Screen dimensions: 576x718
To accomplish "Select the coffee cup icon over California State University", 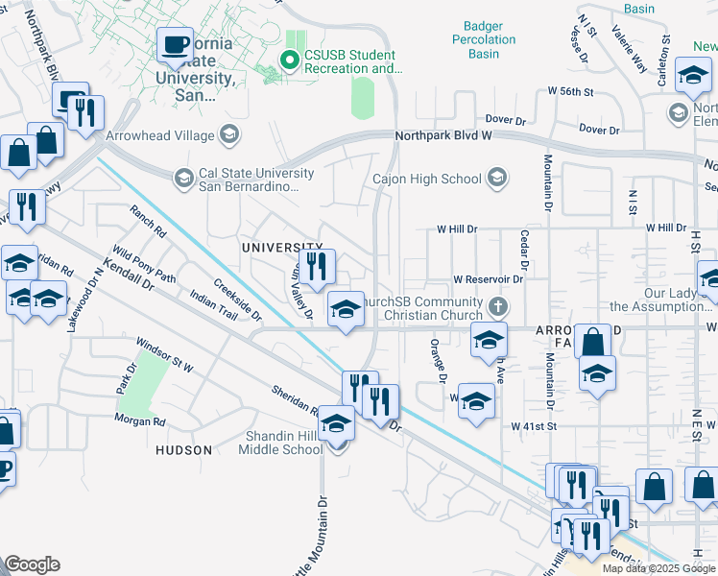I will pyautogui.click(x=175, y=45).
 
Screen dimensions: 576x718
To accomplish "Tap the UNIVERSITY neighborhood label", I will pyautogui.click(x=281, y=248).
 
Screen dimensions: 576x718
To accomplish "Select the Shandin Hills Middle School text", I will pyautogui.click(x=280, y=443).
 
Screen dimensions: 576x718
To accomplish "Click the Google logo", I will pyautogui.click(x=32, y=564).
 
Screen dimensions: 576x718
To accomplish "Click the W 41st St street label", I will pyautogui.click(x=536, y=425).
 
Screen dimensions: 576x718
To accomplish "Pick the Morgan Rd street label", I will pyautogui.click(x=139, y=421).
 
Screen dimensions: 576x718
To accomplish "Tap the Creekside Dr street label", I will pyautogui.click(x=237, y=300).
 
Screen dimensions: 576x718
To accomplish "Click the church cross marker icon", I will pyautogui.click(x=496, y=306).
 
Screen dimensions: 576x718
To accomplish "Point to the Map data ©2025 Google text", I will pyautogui.click(x=658, y=568).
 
